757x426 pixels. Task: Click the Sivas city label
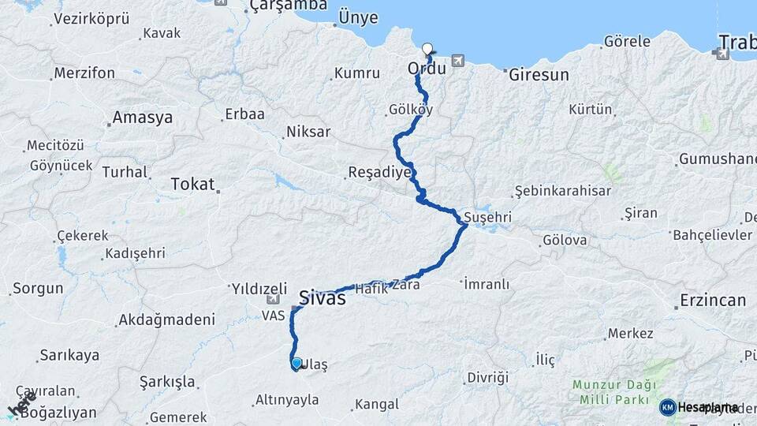tap(322, 299)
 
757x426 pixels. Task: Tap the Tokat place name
tap(192, 185)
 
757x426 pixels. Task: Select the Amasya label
tap(142, 118)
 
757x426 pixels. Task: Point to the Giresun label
tap(539, 76)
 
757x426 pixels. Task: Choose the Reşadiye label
tap(380, 172)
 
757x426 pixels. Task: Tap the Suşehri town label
tap(488, 216)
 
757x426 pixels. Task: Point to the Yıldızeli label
tap(257, 287)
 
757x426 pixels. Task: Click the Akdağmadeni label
tap(166, 319)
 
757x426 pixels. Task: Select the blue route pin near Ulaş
tap(296, 363)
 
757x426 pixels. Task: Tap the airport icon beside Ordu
tap(458, 60)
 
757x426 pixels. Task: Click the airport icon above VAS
tap(273, 300)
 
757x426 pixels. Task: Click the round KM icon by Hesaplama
tap(667, 407)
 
